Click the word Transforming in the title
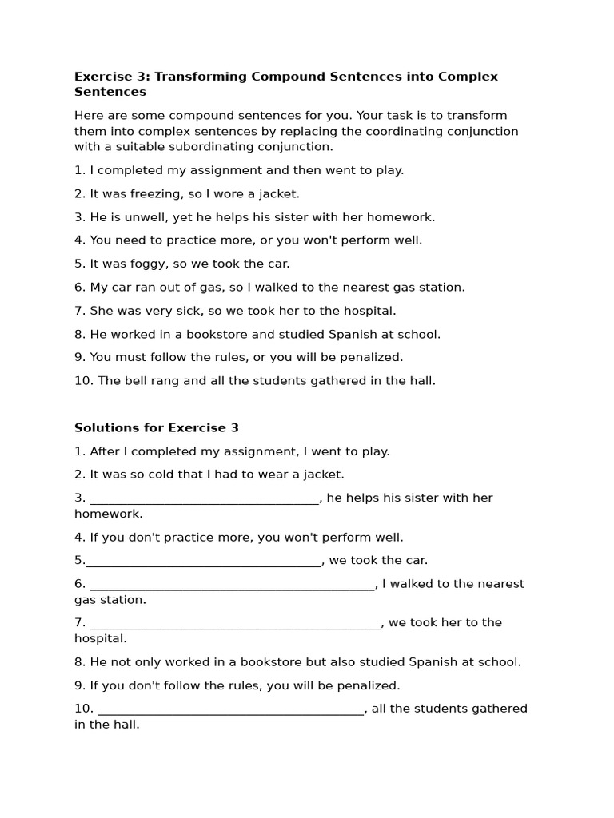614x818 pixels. [200, 77]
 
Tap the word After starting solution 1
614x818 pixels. [106, 451]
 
